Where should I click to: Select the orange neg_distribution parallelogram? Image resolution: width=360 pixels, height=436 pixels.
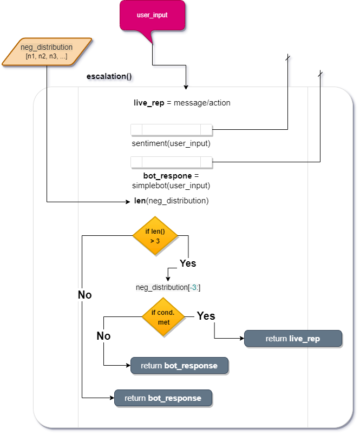coord(47,52)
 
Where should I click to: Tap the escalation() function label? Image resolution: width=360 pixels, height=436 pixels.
coord(110,77)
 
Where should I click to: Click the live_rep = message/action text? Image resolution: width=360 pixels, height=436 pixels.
coord(182,103)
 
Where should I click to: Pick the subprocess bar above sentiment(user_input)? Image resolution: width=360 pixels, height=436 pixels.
coord(171,130)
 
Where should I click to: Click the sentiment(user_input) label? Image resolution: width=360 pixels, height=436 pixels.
coord(171,144)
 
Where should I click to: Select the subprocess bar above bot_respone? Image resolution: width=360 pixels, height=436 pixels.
coord(171,162)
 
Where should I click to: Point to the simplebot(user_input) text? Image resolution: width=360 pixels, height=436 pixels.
coord(171,186)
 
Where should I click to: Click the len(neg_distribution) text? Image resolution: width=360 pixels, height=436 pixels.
coord(171,201)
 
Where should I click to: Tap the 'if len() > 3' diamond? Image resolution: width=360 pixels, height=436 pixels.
coord(155,236)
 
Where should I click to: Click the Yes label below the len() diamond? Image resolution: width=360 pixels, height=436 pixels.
coord(188,263)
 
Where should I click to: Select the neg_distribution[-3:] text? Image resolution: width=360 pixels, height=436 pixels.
coord(168,287)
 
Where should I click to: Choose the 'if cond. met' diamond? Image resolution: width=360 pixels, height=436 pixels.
coord(163,318)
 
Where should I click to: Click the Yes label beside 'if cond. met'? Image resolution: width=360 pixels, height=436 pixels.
coord(206,315)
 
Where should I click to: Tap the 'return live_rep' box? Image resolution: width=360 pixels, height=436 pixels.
coord(293,339)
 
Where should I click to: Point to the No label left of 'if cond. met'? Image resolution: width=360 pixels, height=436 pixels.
coord(103,336)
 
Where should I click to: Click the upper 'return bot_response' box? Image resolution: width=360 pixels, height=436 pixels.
coord(179,366)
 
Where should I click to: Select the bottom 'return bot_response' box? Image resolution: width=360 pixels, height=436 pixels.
coord(163,398)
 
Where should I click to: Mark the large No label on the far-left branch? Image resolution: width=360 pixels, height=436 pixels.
coord(85,295)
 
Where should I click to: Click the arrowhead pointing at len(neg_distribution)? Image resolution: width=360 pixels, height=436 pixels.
coord(129,202)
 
